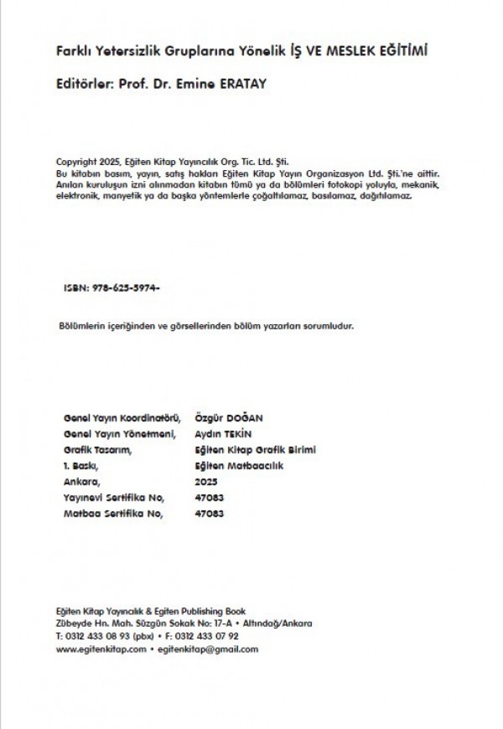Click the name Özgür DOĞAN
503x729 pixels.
(x=228, y=417)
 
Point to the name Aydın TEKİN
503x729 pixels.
(x=224, y=433)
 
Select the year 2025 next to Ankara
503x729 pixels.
(x=205, y=482)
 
